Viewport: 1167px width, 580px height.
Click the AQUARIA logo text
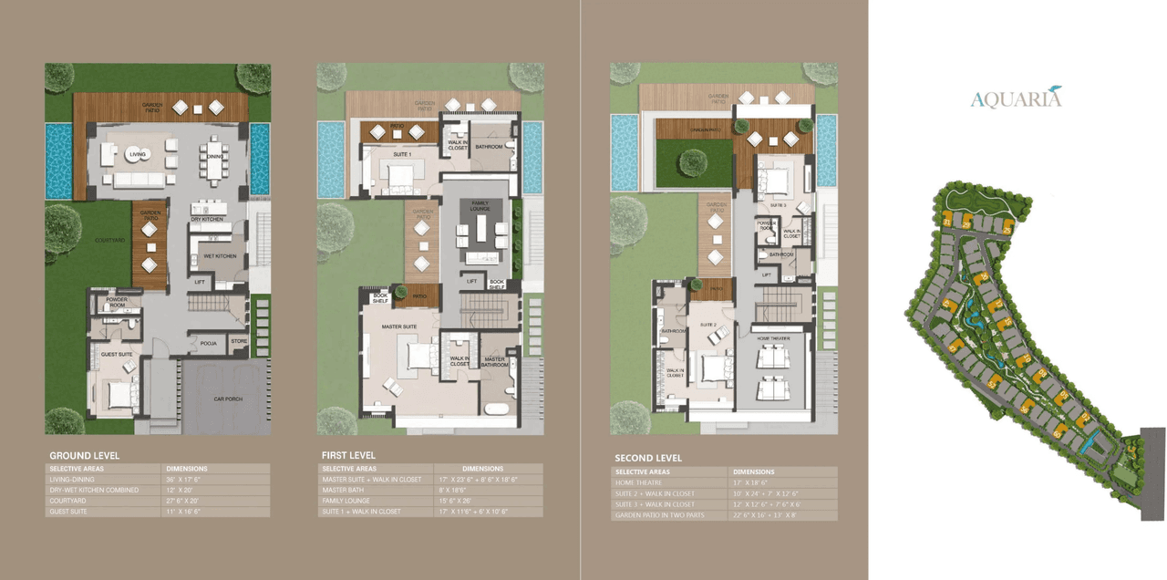pyautogui.click(x=1015, y=98)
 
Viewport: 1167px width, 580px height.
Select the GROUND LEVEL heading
pyautogui.click(x=84, y=456)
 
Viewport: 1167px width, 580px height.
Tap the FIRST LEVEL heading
pyautogui.click(x=348, y=455)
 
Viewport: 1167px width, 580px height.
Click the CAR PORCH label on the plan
pyautogui.click(x=225, y=399)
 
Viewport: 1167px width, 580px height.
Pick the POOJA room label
pyautogui.click(x=208, y=343)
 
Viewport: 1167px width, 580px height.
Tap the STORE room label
pyautogui.click(x=239, y=342)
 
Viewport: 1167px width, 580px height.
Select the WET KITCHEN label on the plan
pyautogui.click(x=220, y=256)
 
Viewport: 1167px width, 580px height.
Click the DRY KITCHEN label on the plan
pyautogui.click(x=208, y=220)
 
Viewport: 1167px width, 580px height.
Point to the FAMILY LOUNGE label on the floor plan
pyautogui.click(x=480, y=206)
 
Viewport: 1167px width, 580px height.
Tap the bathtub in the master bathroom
pyautogui.click(x=497, y=408)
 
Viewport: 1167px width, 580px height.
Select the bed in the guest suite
pyautogui.click(x=119, y=396)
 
